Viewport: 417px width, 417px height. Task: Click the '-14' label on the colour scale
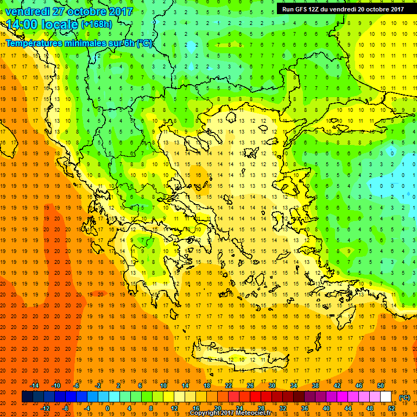(34, 385)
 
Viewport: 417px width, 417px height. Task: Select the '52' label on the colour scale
(391, 408)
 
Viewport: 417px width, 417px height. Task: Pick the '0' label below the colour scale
(107, 408)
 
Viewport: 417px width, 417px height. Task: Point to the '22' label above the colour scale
(228, 385)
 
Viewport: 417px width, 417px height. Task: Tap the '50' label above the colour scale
(381, 385)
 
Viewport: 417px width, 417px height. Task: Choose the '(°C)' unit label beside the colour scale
(404, 397)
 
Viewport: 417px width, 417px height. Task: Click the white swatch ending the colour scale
(386, 396)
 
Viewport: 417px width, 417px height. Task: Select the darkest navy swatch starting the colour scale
(27, 396)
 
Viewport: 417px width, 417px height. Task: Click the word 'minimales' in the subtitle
(86, 43)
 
